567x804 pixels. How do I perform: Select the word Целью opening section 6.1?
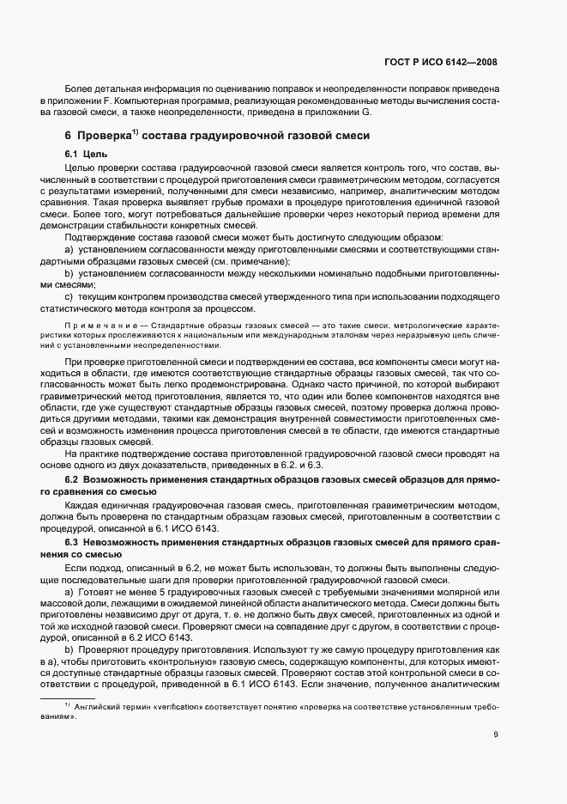click(80, 167)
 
